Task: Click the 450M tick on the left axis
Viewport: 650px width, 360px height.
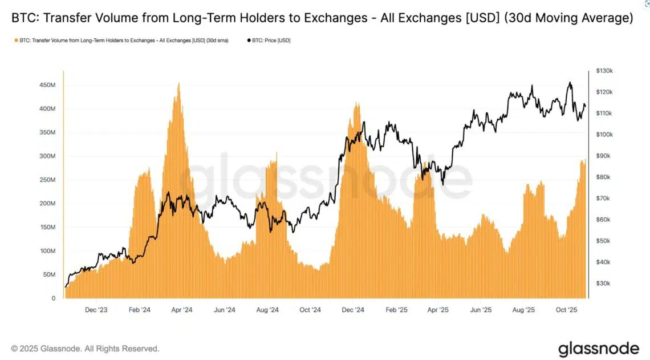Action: pos(47,85)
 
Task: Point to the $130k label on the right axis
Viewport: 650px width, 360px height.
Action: pos(604,71)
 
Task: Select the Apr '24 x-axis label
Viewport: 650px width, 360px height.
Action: pos(181,310)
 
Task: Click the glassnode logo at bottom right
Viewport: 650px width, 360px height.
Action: pos(598,349)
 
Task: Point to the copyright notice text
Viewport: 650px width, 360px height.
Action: pos(86,349)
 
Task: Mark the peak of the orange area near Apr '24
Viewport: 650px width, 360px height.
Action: pos(179,83)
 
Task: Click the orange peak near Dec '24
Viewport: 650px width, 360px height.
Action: pos(357,103)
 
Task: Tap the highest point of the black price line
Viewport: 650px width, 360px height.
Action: pos(570,83)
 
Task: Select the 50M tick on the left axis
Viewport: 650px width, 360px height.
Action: pos(49,274)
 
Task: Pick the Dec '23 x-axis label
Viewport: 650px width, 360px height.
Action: pos(96,310)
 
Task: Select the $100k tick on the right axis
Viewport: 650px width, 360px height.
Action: pos(604,135)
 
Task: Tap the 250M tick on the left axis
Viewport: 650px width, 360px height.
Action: pos(47,180)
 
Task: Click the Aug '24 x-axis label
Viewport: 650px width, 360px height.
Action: pos(267,310)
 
